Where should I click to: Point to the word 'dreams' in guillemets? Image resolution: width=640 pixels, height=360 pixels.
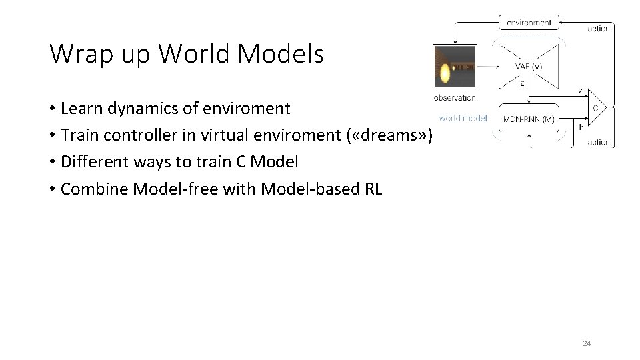tap(390, 135)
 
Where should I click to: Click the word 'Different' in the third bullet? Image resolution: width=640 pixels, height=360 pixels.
tap(93, 161)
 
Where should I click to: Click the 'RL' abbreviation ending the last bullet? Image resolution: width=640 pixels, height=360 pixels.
tap(373, 189)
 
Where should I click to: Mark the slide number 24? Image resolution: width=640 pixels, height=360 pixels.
tap(587, 343)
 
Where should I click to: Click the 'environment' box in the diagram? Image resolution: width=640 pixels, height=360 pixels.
tap(529, 22)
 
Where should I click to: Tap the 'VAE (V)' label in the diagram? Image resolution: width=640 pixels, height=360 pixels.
tap(529, 67)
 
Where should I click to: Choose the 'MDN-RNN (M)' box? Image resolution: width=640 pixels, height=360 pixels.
tap(529, 119)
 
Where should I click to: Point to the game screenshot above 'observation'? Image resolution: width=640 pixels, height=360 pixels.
tap(455, 66)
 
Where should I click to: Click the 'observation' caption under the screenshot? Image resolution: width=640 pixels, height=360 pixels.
tap(455, 97)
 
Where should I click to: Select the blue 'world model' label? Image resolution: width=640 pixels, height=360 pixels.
tap(463, 119)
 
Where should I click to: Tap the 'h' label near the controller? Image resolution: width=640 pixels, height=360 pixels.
tap(581, 127)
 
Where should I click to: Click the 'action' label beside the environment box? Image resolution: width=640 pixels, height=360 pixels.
tap(599, 28)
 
